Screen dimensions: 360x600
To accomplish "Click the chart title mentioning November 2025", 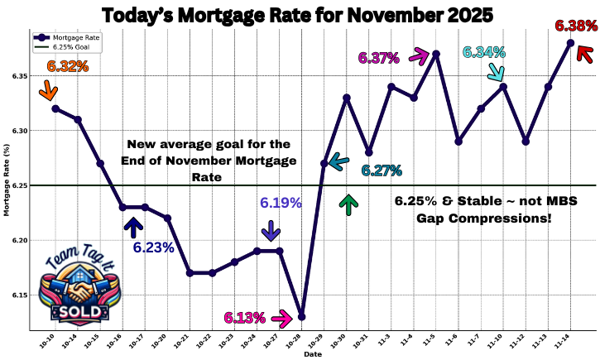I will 297,15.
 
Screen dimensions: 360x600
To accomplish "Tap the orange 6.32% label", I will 68,66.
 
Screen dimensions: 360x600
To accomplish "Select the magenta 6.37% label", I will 378,58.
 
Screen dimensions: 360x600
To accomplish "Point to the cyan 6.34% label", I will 484,52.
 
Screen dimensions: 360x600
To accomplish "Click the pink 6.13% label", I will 244,318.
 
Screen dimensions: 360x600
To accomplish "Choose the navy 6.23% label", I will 153,247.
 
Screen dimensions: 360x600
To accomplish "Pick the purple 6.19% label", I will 281,202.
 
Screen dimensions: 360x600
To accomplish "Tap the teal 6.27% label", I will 381,170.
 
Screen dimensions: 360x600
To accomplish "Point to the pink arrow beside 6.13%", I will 281,317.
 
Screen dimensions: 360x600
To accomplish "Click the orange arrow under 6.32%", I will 47,89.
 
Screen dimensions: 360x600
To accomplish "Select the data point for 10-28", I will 302,317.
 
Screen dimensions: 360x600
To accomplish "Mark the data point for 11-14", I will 570,43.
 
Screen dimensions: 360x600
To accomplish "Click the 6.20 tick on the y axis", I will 21,241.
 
